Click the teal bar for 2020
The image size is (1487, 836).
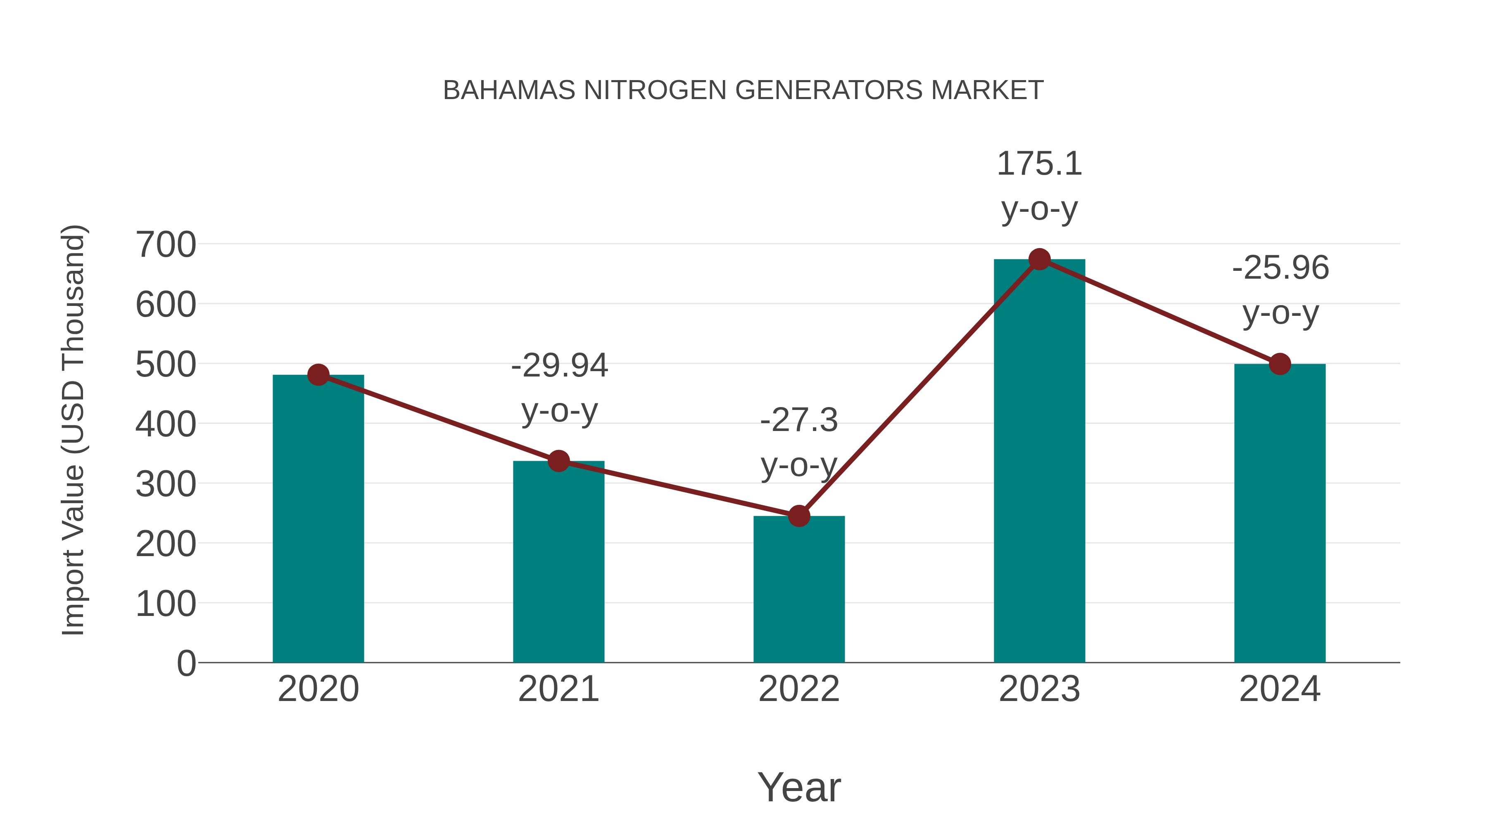pos(318,519)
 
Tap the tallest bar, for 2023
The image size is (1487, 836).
pos(1039,462)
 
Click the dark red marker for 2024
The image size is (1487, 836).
pos(1280,364)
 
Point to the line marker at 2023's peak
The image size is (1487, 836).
pos(1039,260)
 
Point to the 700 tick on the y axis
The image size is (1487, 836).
pos(166,245)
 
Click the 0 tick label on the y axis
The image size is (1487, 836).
pos(186,663)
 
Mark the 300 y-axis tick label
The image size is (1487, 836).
pos(166,485)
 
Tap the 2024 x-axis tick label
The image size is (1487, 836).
pos(1280,689)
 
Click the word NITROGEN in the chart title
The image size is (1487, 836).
pos(656,90)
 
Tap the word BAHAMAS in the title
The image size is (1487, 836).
pos(509,90)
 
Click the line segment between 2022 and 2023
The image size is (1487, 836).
pos(919,388)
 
